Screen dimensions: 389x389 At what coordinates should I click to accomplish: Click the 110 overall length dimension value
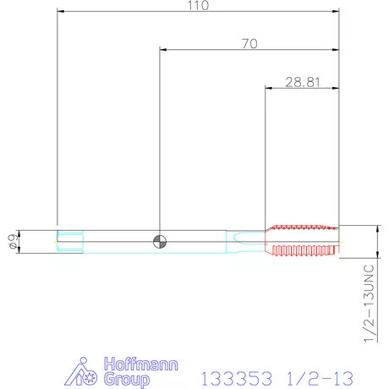click(198, 5)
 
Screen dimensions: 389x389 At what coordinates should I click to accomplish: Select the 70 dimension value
click(249, 44)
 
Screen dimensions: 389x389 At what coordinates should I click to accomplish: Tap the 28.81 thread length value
click(303, 82)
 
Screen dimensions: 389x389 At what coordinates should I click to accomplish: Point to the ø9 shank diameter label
click(14, 242)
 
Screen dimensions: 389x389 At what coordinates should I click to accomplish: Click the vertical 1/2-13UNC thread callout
click(369, 303)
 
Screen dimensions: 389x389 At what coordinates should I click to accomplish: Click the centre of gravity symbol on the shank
click(160, 242)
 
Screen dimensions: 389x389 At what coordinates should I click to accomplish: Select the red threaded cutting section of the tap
click(302, 241)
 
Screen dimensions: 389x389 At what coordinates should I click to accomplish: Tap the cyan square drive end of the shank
click(70, 242)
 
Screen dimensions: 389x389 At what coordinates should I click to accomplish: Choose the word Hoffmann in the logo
click(141, 364)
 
